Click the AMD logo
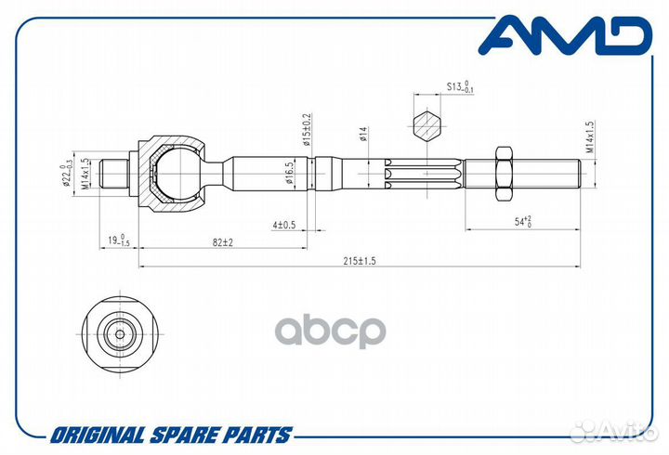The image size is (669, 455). (565, 35)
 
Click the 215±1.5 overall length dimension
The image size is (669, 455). (360, 261)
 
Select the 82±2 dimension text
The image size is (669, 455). (223, 242)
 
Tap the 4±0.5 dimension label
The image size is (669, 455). (283, 225)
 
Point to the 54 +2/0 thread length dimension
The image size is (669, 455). (522, 221)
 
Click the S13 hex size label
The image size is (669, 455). (460, 86)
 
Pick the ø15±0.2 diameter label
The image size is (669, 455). (308, 130)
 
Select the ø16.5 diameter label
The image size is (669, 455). (289, 173)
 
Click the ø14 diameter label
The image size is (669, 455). (363, 134)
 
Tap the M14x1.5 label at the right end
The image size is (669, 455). (590, 136)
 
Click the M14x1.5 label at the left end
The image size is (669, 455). (85, 174)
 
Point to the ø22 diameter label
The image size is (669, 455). (66, 175)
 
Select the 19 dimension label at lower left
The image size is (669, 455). (118, 240)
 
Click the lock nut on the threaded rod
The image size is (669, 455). (504, 174)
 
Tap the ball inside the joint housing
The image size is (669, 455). (177, 174)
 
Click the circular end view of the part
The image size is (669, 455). (120, 334)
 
